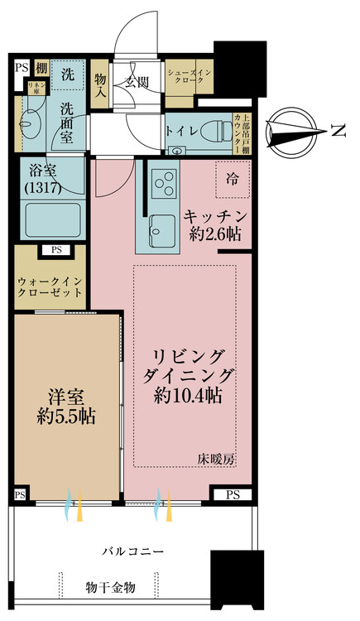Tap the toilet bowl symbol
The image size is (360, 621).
217,129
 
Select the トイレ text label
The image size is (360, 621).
181,130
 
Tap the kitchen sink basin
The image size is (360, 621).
158,227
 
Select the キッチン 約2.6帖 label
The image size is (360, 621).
212,224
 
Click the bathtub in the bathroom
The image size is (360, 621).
51,221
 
